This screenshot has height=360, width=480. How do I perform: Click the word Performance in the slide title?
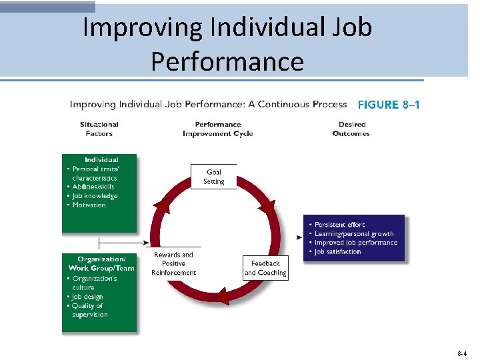click(x=227, y=61)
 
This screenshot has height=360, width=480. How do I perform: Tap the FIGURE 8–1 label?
click(x=389, y=105)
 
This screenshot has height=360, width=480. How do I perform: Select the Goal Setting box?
click(x=213, y=177)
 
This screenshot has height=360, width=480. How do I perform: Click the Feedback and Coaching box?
click(x=265, y=268)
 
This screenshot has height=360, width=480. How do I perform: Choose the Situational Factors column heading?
click(x=99, y=129)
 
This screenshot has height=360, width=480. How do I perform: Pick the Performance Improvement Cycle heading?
click(x=218, y=129)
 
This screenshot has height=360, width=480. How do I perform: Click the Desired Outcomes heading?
click(x=351, y=129)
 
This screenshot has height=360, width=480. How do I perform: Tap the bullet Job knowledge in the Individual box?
click(x=95, y=196)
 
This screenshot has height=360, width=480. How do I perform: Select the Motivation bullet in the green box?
click(x=89, y=205)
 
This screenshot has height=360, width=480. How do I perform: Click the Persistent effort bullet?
click(x=339, y=225)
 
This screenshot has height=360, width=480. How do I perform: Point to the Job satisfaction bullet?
click(x=337, y=252)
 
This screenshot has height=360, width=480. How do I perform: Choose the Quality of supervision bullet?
click(x=87, y=310)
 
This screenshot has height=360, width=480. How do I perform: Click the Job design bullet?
click(x=87, y=297)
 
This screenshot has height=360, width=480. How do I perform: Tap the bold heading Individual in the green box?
click(x=102, y=160)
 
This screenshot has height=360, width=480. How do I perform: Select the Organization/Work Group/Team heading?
click(x=101, y=263)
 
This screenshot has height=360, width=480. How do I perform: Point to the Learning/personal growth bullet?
click(x=354, y=234)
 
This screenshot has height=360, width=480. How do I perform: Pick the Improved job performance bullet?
click(x=355, y=243)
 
